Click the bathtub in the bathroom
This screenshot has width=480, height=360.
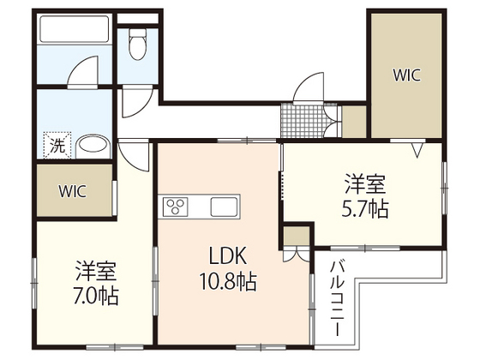[74, 33]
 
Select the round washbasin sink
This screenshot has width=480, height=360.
[88, 144]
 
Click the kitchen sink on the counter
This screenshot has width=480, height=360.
[225, 207]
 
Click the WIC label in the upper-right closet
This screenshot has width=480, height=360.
[406, 75]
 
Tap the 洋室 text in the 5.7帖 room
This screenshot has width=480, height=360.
[364, 183]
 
